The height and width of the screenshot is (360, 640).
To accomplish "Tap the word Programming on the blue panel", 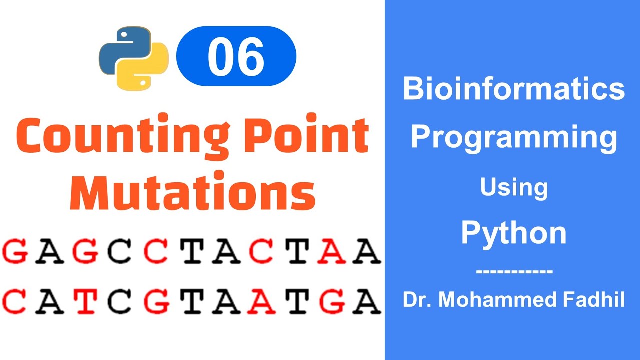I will coord(514,137).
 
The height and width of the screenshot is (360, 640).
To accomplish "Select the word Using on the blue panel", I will coord(514,188).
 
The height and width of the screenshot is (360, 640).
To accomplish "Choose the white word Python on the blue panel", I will coord(514,233).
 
